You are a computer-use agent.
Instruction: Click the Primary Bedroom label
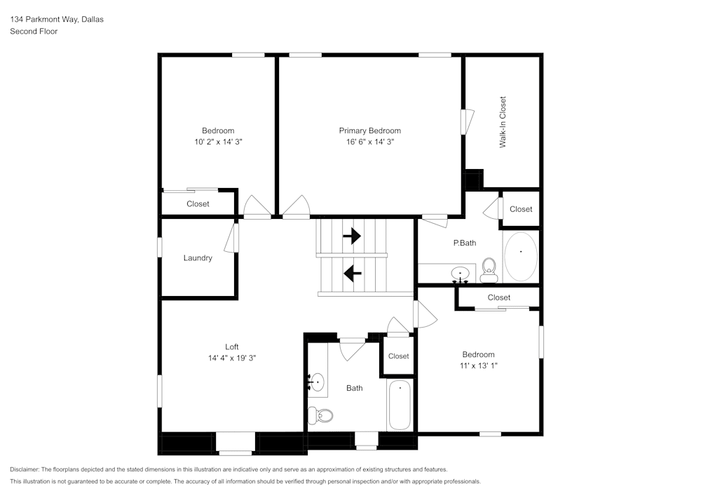[x=369, y=130]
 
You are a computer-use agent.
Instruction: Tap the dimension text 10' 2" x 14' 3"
[x=218, y=142]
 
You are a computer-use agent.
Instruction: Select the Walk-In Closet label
[x=503, y=121]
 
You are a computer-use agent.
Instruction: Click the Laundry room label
[x=198, y=258]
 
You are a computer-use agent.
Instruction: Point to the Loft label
[x=232, y=347]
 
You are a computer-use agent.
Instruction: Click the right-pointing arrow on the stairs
[x=351, y=236]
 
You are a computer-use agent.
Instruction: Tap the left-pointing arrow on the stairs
[x=352, y=270]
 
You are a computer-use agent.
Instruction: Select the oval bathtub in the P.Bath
[x=521, y=256]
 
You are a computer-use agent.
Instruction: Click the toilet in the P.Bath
[x=489, y=269]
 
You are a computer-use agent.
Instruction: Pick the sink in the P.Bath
[x=460, y=272]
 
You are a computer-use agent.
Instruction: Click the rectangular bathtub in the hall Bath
[x=400, y=405]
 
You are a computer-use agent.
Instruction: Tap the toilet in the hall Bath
[x=322, y=415]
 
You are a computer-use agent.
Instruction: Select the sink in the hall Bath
[x=317, y=383]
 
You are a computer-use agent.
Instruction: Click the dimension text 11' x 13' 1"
[x=479, y=366]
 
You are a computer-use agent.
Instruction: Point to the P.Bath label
[x=465, y=243]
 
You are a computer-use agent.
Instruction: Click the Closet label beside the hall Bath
[x=398, y=356]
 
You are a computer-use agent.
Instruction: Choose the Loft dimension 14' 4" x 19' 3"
[x=232, y=358]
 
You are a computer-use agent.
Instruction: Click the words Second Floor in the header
[x=34, y=32]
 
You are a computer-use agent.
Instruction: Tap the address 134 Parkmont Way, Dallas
[x=57, y=20]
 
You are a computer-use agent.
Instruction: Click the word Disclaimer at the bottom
[x=25, y=469]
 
